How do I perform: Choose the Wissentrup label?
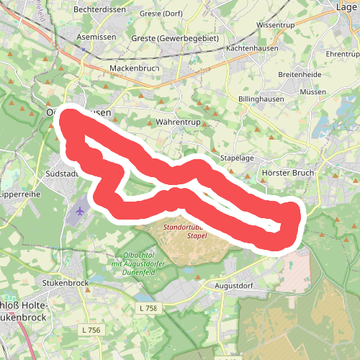click(276, 24)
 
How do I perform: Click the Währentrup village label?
click(178, 123)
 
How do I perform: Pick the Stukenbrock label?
click(66, 283)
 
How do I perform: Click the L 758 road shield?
click(146, 308)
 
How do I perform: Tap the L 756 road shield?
click(91, 330)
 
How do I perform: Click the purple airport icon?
click(78, 211)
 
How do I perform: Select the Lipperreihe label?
click(16, 194)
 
